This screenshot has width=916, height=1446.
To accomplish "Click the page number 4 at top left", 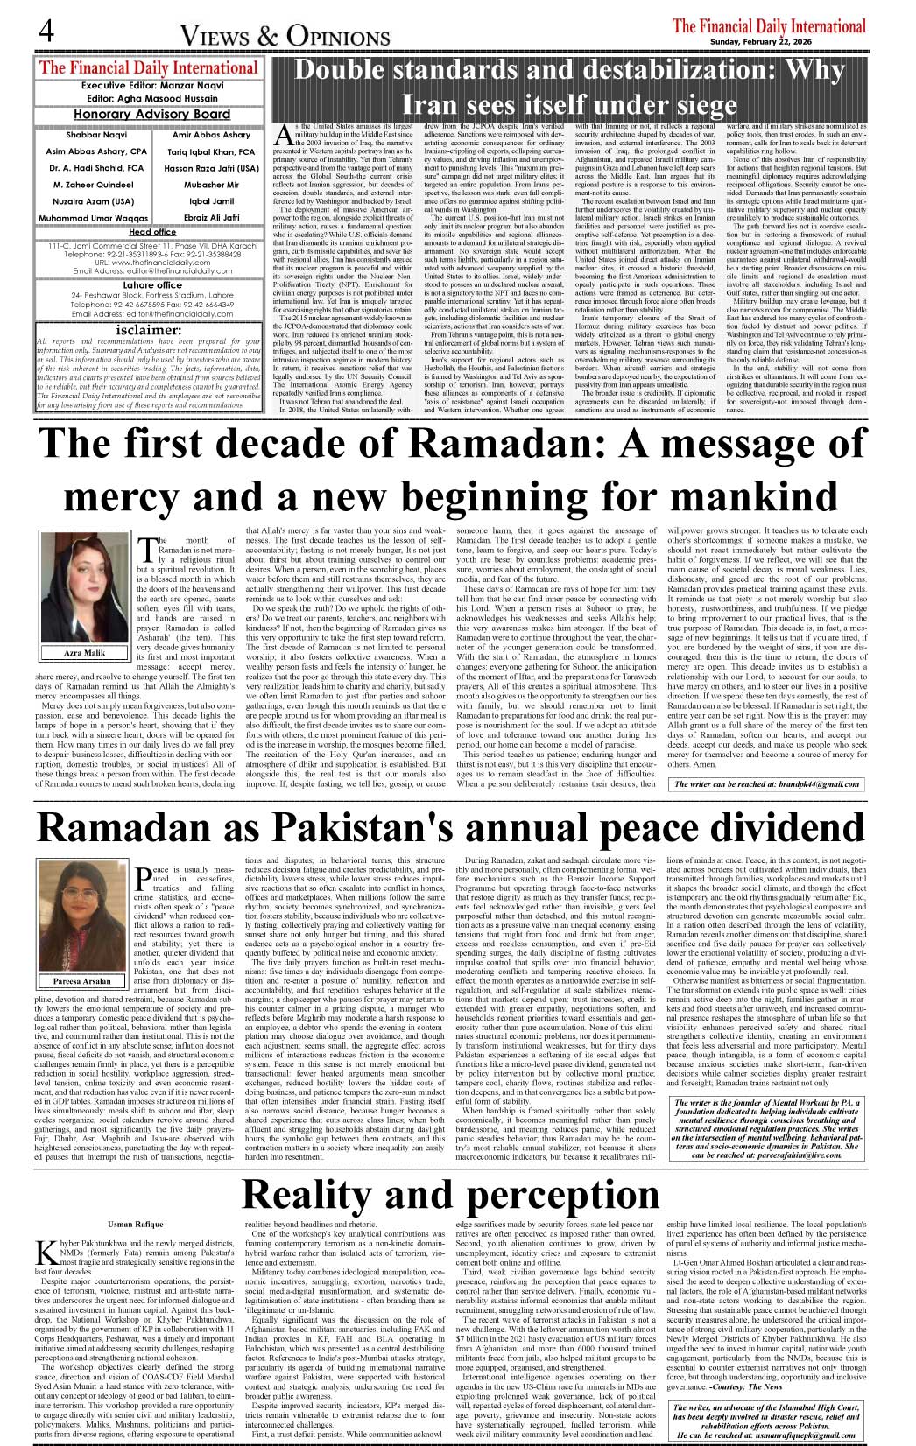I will (46, 31).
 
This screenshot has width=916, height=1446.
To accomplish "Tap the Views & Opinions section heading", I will (285, 36).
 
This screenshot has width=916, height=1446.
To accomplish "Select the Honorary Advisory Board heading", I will (151, 114).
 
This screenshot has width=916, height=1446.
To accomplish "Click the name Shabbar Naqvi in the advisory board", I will (96, 135).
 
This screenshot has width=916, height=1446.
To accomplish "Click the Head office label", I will (152, 232).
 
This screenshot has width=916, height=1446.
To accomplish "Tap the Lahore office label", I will (152, 285).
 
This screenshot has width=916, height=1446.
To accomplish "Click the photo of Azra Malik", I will (85, 586).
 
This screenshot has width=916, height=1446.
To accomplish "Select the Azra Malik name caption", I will (85, 653).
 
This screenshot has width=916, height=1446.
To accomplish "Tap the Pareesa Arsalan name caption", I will (82, 981).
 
